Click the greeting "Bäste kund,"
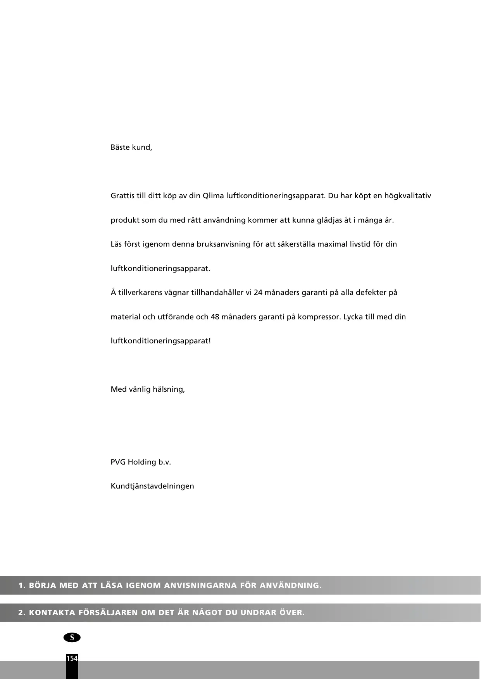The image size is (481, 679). click(x=131, y=147)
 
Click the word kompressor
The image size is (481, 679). click(x=319, y=317)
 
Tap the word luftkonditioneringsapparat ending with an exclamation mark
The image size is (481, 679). click(x=161, y=341)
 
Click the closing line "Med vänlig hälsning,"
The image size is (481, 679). click(x=148, y=389)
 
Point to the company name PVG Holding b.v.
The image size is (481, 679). click(x=141, y=462)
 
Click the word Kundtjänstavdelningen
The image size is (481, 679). click(x=152, y=486)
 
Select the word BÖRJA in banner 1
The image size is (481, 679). click(x=43, y=585)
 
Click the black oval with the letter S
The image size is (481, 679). click(x=72, y=638)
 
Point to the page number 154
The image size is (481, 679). click(x=72, y=658)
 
